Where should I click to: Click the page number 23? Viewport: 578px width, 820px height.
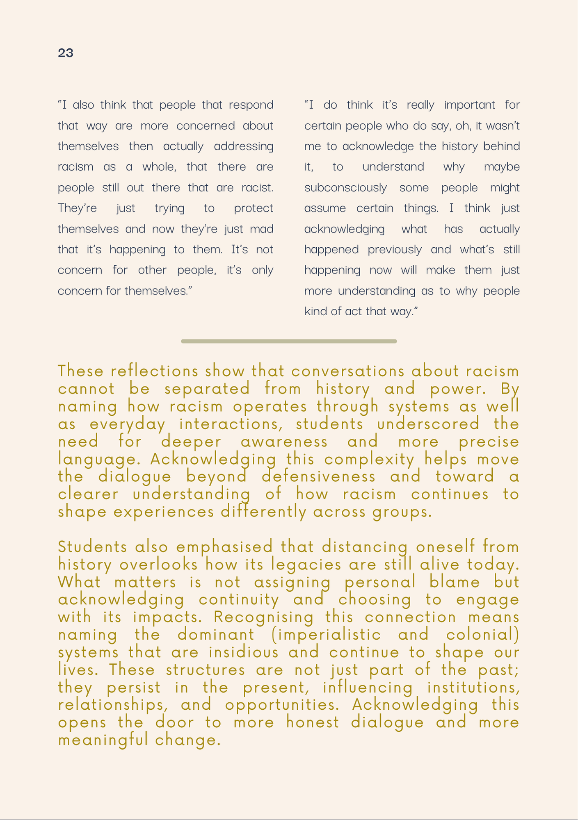[x=66, y=53]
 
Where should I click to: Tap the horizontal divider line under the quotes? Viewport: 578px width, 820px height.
[x=289, y=341]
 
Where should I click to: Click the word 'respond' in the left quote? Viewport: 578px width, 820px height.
[x=251, y=105]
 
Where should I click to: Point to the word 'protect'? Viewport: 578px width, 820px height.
[x=254, y=209]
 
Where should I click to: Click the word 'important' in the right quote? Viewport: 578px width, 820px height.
[x=470, y=105]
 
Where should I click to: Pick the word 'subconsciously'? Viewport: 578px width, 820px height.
[x=345, y=188]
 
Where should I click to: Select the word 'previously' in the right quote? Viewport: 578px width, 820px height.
[x=395, y=250]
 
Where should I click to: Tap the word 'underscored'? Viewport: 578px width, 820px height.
[x=428, y=424]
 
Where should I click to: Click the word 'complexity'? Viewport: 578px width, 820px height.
[x=370, y=460]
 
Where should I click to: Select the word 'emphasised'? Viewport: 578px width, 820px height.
[x=225, y=547]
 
